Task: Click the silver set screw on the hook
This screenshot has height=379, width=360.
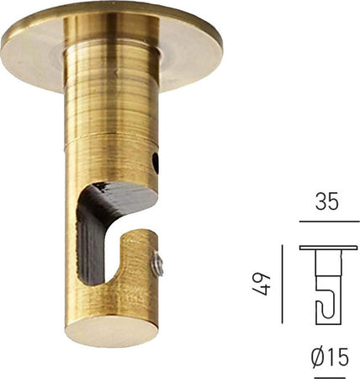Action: click(x=157, y=267)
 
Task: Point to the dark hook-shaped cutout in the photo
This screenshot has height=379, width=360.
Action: click(x=101, y=236)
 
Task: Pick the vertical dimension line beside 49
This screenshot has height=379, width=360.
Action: click(x=281, y=284)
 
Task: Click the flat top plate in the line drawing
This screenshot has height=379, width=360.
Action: click(x=327, y=248)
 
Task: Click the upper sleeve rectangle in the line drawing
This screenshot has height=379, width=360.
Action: click(x=327, y=266)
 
